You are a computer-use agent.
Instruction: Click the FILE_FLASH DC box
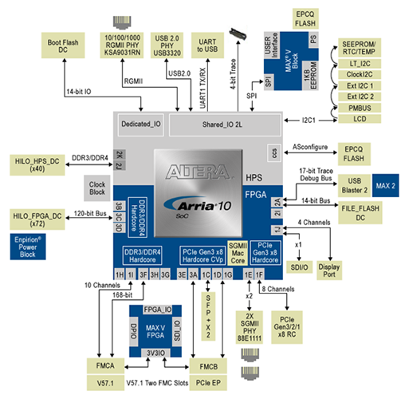(x=348, y=213)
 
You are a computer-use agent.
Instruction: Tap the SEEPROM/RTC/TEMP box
(x=361, y=47)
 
